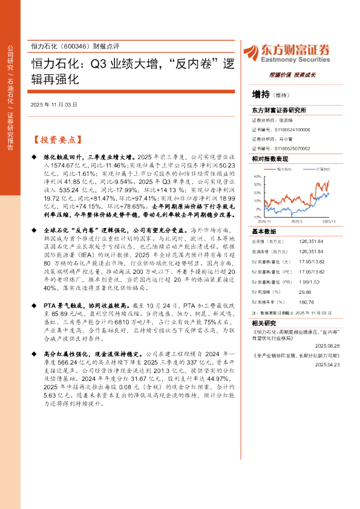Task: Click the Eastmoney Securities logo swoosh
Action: [x=252, y=53]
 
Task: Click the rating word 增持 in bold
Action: [x=260, y=94]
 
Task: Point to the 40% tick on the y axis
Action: [x=258, y=177]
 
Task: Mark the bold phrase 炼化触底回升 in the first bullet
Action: [x=63, y=156]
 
